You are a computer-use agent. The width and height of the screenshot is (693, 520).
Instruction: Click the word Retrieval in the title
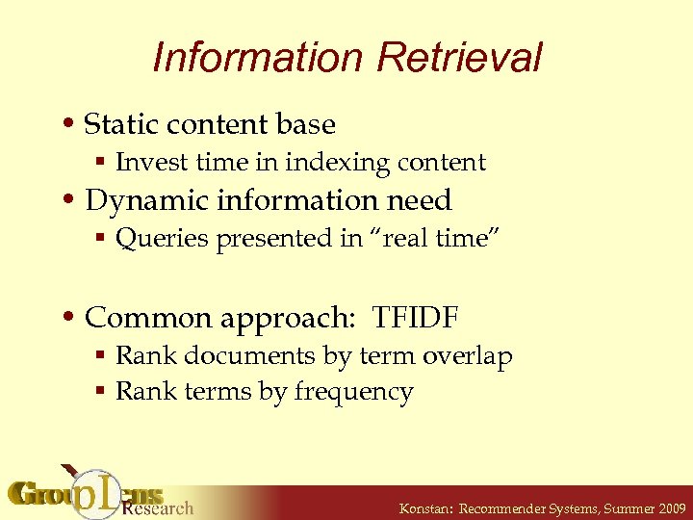click(460, 58)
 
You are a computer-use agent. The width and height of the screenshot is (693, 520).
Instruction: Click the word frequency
click(353, 393)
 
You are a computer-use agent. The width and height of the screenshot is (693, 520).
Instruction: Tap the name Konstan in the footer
click(425, 507)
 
